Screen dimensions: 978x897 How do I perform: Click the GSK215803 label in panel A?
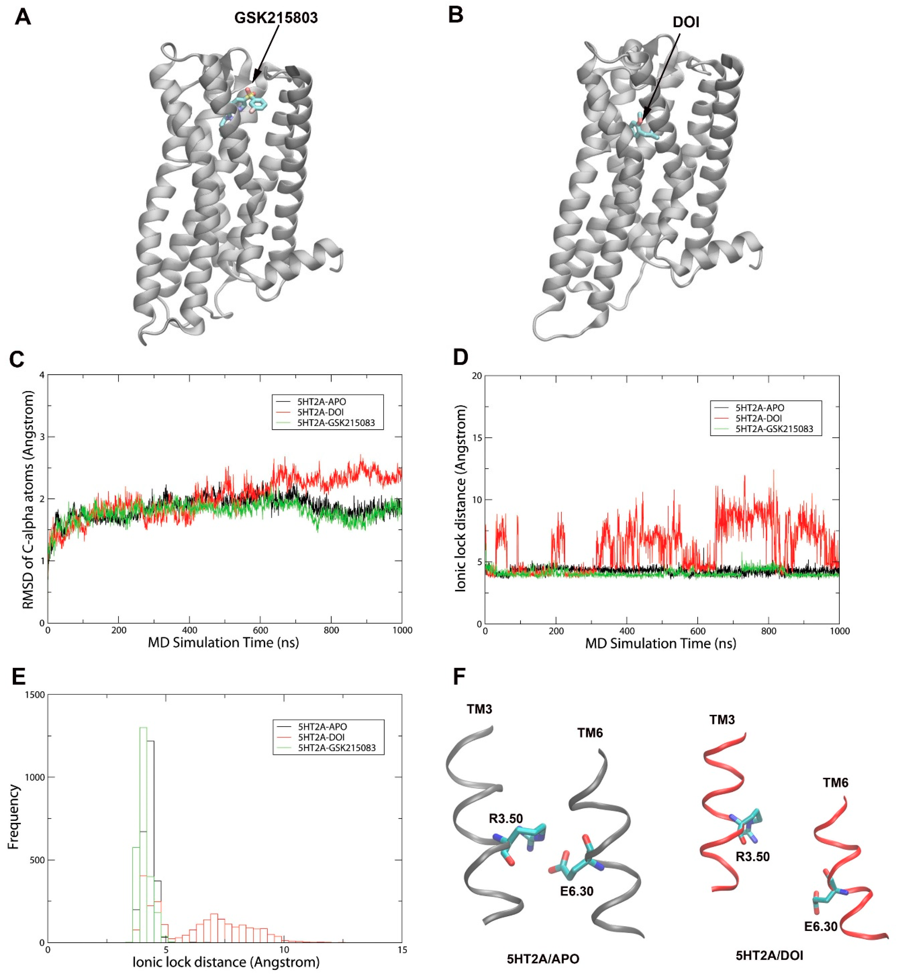click(x=276, y=18)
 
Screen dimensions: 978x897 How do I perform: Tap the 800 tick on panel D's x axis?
click(x=768, y=631)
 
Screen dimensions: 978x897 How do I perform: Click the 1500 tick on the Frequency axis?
click(x=35, y=695)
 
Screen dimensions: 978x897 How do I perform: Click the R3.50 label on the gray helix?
click(x=506, y=819)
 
